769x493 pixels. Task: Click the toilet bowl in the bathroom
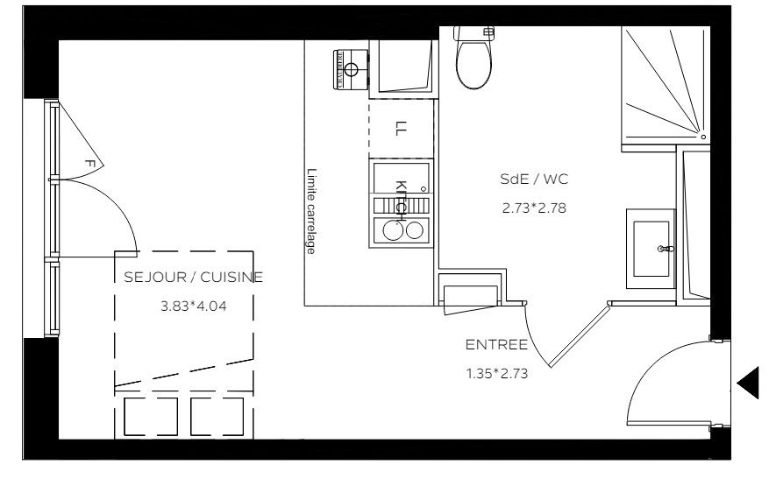[x=474, y=64]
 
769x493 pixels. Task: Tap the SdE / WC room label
[x=534, y=180]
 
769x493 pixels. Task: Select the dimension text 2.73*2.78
[x=534, y=208]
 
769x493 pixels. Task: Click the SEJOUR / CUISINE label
[x=193, y=277]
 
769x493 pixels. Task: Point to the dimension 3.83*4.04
[x=194, y=306]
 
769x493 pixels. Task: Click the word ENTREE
[x=496, y=345]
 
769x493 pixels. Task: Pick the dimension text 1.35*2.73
[x=497, y=374]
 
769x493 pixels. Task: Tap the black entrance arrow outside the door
[x=749, y=383]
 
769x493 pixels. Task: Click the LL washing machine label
[x=401, y=128]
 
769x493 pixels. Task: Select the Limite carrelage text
[x=311, y=211]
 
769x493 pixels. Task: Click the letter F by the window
[x=89, y=164]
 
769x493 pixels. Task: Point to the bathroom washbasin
[x=651, y=249]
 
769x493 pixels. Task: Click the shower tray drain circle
[x=703, y=137]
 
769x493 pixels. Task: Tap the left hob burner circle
[x=392, y=230]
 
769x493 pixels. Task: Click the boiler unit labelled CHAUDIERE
[x=351, y=69]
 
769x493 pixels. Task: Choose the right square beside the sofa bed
[x=217, y=417]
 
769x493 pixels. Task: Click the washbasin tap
[x=666, y=250]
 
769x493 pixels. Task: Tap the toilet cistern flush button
[x=488, y=32]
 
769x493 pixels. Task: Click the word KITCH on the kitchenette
[x=402, y=198]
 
